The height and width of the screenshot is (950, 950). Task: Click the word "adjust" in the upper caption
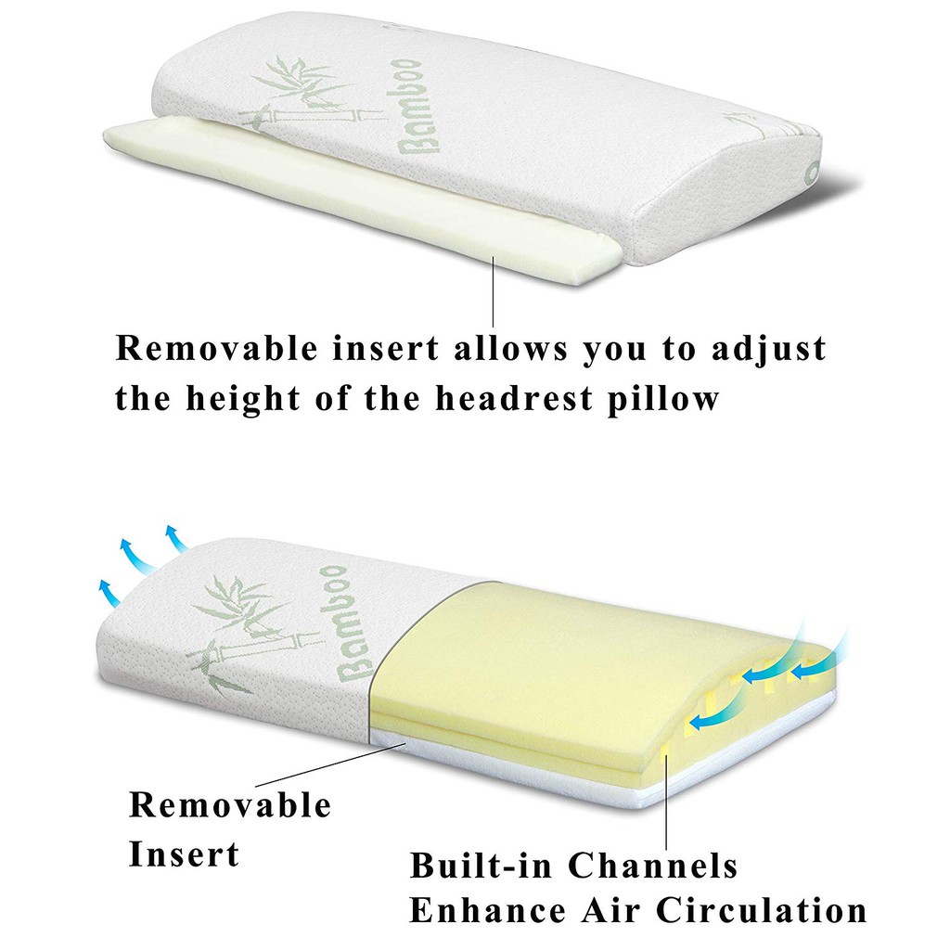[x=769, y=350]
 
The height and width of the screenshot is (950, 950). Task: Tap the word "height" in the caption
[x=242, y=399]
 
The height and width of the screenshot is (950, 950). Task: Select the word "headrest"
[x=514, y=398]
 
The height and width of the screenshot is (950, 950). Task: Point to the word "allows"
[x=512, y=349]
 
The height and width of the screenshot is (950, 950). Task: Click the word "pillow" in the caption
[x=663, y=399]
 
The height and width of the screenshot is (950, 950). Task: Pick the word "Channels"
[x=653, y=865]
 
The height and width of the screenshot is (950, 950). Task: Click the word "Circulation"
[x=762, y=909]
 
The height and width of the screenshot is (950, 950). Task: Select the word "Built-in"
[x=481, y=865]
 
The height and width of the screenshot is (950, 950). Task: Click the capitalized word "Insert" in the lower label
[x=185, y=854]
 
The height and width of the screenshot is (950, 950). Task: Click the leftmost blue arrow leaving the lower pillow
[x=109, y=592]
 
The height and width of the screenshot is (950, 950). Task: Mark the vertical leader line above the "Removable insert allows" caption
[x=494, y=290]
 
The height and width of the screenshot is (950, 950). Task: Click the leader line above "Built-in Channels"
[x=666, y=795]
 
